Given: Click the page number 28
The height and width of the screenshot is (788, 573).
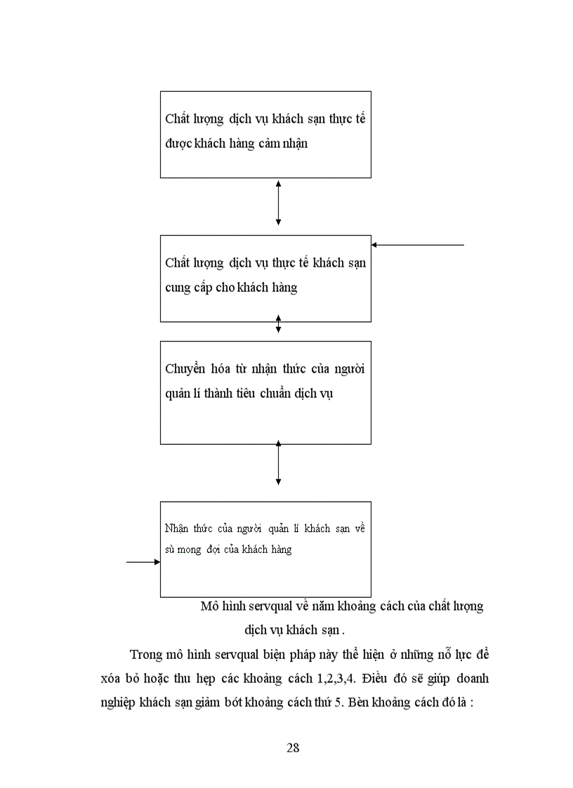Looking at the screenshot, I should [294, 747].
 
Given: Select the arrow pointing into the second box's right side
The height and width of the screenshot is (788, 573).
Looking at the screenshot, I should [417, 245].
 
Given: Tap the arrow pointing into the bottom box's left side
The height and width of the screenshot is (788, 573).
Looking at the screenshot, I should [143, 562].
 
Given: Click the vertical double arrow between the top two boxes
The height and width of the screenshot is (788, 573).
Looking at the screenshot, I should [279, 202].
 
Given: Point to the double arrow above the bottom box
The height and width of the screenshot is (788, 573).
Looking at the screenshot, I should [279, 463].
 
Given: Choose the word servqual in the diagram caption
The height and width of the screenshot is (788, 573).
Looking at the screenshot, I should [271, 606].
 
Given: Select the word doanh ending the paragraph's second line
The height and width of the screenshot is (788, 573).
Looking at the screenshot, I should [470, 679].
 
